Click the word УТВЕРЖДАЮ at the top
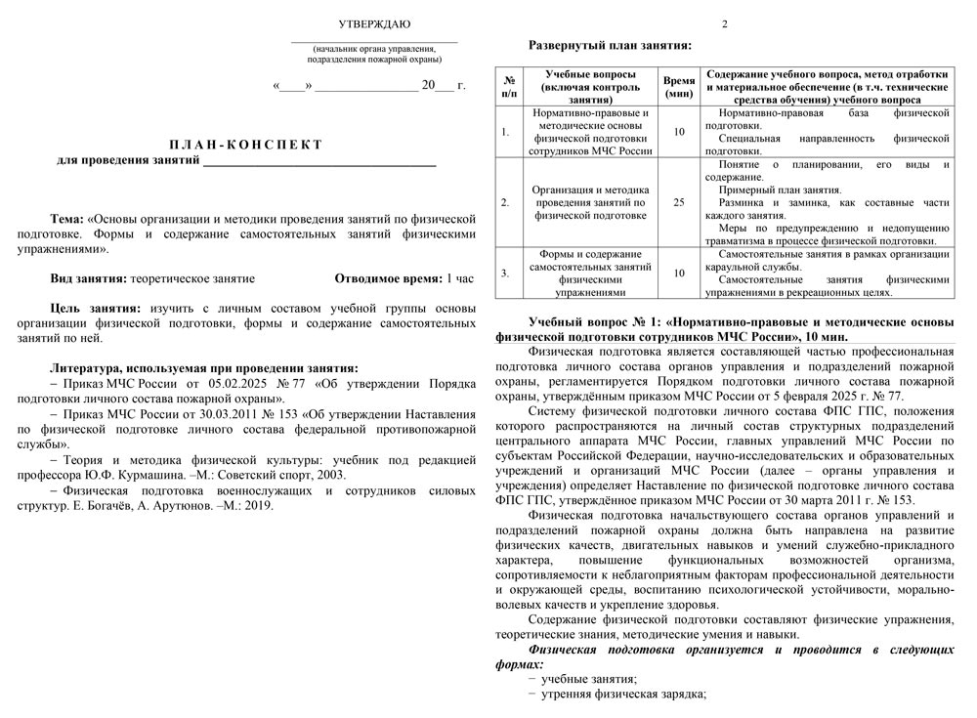(x=374, y=23)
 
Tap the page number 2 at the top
(x=724, y=23)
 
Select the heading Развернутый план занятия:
(x=611, y=45)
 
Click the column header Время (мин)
(x=679, y=87)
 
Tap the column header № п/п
(x=509, y=87)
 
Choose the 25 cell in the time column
(x=679, y=203)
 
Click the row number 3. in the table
(x=504, y=273)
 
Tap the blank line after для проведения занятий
(x=319, y=160)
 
